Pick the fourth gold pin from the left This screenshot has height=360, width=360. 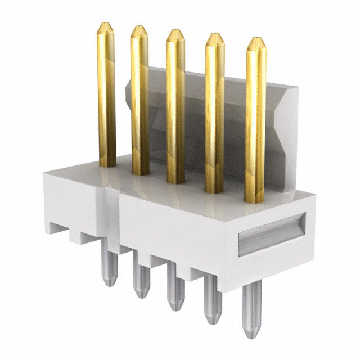click(214, 112)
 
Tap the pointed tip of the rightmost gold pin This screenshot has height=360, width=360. click(256, 41)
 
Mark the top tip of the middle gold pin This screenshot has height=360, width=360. click(175, 33)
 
